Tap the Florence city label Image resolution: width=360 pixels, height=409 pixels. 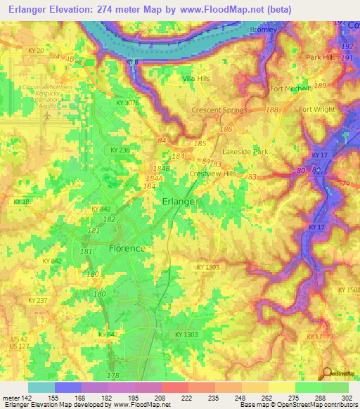click(x=127, y=248)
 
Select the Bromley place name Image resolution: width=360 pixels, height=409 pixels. click(x=264, y=30)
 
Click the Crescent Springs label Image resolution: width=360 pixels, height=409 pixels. click(x=219, y=110)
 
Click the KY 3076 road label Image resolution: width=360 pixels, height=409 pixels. click(x=128, y=103)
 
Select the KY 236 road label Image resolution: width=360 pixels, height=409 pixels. click(x=120, y=150)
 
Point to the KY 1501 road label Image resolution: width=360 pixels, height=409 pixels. click(x=348, y=290)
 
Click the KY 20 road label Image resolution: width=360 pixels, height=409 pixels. click(x=36, y=51)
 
